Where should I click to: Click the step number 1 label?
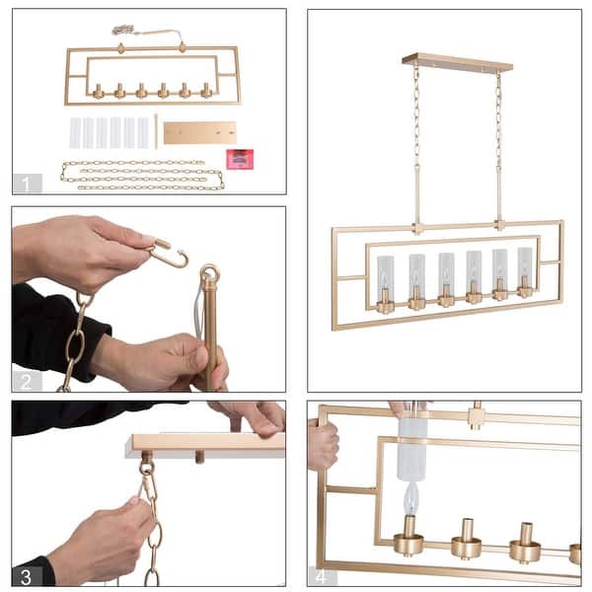click(28, 183)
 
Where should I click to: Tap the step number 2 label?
click(28, 381)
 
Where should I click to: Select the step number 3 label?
click(28, 575)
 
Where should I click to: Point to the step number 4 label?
click(323, 575)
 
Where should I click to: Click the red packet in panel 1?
click(239, 159)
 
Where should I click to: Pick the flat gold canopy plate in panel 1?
click(199, 132)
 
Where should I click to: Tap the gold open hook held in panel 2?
click(170, 256)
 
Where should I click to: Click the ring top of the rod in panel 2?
click(209, 273)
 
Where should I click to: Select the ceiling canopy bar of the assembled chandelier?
click(457, 61)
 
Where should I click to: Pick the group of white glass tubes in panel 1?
click(109, 132)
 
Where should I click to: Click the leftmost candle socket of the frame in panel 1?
click(98, 92)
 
